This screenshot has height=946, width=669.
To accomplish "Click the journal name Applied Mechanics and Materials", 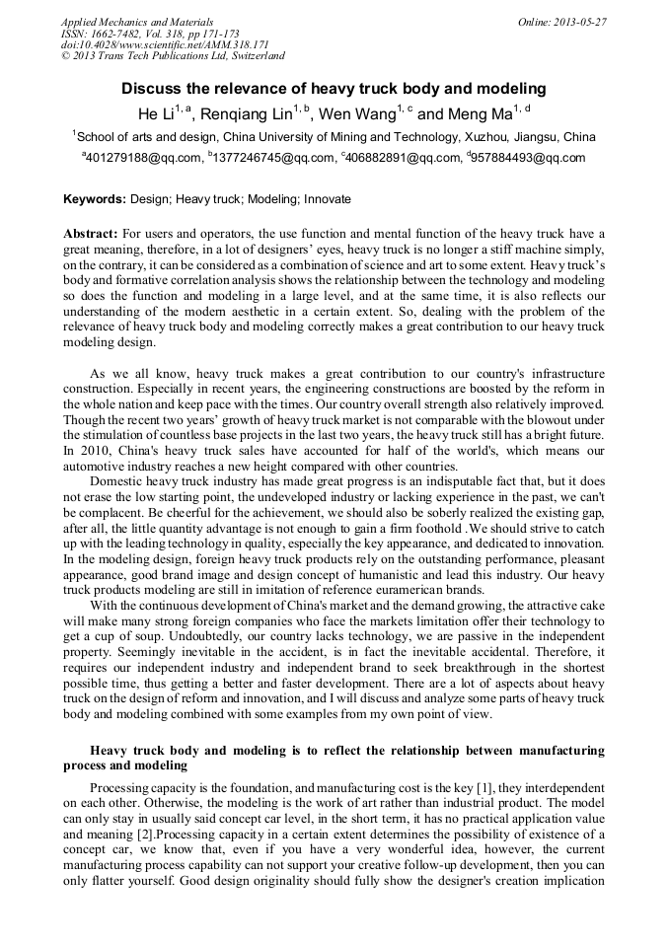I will pos(136,21).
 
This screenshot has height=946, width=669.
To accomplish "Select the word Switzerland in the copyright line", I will pos(250,56).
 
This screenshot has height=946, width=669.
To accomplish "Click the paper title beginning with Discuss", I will pos(334,89).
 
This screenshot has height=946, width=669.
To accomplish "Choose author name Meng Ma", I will pos(480,114).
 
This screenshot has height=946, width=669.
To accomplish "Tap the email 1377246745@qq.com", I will pos(272,158).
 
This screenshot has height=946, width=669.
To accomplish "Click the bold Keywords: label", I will pos(95,199).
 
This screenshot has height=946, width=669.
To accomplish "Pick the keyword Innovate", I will pos(328,199).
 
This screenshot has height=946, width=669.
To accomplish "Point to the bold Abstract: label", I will pos(91,234).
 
